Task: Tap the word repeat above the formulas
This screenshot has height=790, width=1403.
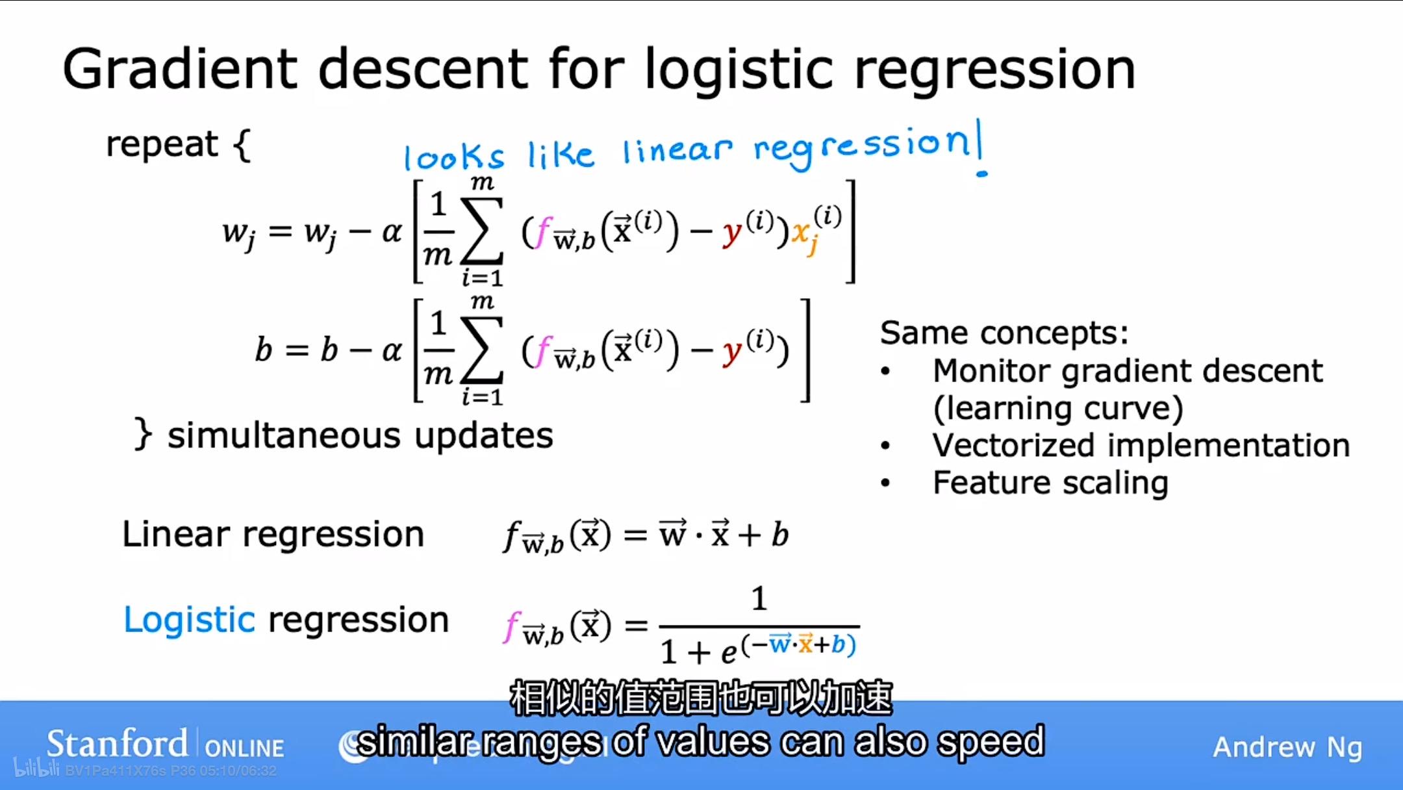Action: tap(162, 144)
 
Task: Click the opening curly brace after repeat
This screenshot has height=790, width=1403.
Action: tap(242, 145)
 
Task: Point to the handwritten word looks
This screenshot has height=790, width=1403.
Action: tap(453, 157)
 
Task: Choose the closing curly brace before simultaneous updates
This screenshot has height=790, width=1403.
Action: tap(143, 434)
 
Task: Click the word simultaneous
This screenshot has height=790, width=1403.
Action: tap(283, 435)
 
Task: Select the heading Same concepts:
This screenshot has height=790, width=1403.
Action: tap(1004, 333)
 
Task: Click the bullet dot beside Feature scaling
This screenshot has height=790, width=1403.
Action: tap(885, 483)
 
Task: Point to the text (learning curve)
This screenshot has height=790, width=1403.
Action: tap(1057, 409)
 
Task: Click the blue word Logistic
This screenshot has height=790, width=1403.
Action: tap(189, 620)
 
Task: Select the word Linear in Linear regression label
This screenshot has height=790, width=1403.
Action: tap(175, 535)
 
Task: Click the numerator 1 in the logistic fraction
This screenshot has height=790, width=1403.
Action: tap(759, 598)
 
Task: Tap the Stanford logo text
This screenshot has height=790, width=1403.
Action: tap(117, 744)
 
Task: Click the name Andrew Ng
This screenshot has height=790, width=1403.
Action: tap(1287, 747)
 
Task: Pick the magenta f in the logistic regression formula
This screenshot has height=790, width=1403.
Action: tap(512, 626)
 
